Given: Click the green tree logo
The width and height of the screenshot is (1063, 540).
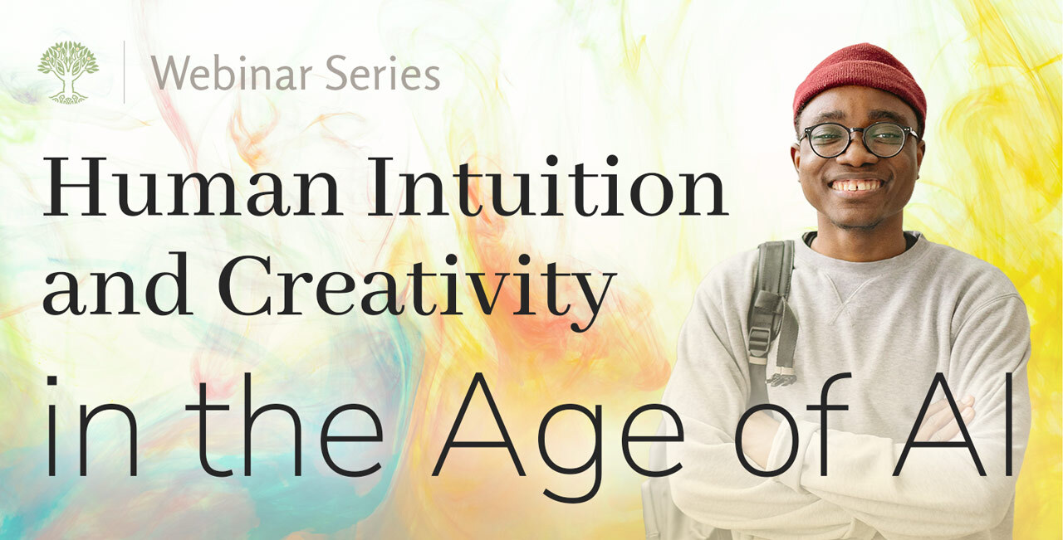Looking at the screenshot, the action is click(x=68, y=72).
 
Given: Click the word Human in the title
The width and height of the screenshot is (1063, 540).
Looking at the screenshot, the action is click(x=191, y=187).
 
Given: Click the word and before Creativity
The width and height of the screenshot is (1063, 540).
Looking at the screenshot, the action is click(x=118, y=285).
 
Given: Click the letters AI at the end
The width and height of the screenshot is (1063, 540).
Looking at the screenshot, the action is click(x=954, y=426).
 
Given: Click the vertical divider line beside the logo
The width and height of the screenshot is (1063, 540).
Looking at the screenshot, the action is click(x=125, y=72).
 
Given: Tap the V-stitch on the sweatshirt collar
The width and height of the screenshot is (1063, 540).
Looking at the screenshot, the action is click(x=855, y=296).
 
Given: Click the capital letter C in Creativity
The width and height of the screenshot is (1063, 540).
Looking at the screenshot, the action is click(x=249, y=285).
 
